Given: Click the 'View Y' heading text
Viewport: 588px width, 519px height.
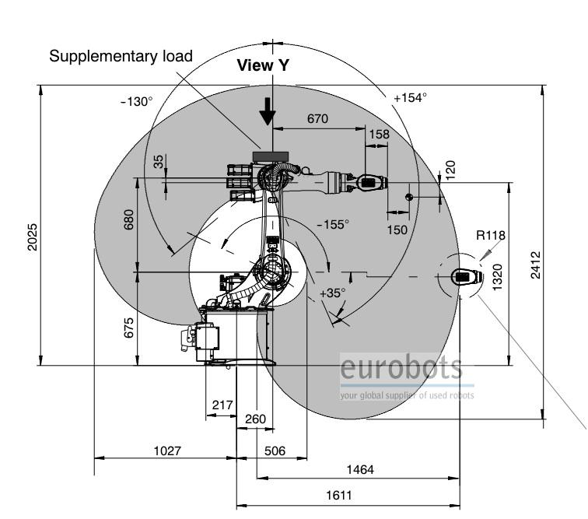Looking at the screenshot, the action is point(263,65).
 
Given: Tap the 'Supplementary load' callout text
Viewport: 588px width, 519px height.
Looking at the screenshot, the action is point(121,56).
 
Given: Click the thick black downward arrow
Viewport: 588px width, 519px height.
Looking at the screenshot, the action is point(268,111).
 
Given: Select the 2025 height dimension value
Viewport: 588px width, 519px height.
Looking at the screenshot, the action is point(33,237).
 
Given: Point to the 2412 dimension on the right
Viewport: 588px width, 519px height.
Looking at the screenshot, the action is point(536,265).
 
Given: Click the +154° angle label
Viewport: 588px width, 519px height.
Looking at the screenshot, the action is point(410,97).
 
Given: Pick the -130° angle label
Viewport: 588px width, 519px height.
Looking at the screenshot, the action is point(137,101).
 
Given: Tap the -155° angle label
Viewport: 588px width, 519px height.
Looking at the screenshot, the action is point(333,224).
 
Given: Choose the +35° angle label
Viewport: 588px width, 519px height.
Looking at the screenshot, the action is point(333,293).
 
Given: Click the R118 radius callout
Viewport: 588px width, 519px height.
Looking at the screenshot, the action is point(491,235).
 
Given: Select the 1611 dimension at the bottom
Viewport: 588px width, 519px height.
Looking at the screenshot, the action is point(339,496).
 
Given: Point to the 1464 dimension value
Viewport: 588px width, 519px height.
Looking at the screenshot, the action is point(360,469).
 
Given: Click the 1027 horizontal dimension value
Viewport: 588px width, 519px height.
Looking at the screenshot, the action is point(167,451).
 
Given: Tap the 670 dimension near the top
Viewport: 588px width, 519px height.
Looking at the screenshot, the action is point(317,118).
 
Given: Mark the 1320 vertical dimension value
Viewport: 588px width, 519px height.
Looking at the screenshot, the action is point(497,277).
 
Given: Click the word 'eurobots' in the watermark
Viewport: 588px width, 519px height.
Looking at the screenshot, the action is point(401,367).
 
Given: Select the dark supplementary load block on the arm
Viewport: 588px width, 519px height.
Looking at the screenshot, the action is point(271,156).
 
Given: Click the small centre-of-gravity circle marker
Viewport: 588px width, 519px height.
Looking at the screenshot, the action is point(409,197).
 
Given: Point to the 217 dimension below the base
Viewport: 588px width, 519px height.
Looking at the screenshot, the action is point(222,405).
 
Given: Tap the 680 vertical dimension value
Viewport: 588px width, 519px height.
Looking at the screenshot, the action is point(128,219).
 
